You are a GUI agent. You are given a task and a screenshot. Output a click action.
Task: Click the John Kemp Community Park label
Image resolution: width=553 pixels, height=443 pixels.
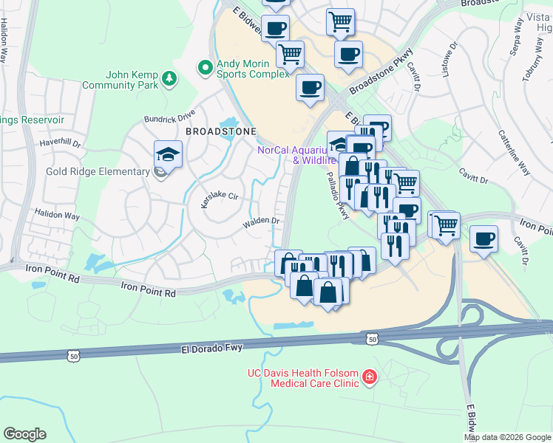132,80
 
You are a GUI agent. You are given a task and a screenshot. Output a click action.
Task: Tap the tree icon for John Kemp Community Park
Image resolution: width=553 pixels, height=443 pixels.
170,78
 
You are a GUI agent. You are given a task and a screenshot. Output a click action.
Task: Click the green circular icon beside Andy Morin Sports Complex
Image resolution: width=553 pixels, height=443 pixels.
206,69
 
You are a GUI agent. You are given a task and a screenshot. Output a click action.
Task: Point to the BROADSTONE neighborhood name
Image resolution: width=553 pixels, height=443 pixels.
220,131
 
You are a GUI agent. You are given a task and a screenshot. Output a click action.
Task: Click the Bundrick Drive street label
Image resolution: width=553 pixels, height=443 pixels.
170,117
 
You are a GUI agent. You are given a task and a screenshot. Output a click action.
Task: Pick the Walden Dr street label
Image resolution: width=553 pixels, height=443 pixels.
262,221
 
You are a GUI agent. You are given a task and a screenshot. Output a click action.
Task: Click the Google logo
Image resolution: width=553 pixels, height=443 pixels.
24,434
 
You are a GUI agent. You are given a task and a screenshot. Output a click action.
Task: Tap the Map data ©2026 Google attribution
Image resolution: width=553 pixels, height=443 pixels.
507,437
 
